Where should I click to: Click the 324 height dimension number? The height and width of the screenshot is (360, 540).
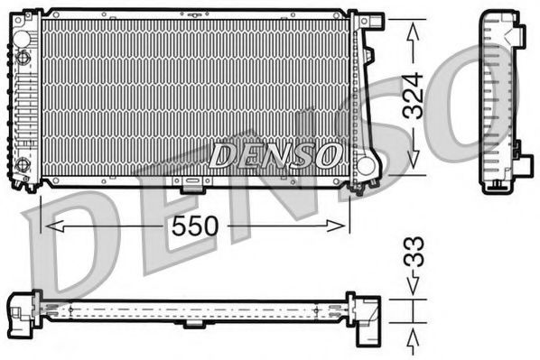click(414, 96)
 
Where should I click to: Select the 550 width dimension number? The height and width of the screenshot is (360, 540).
click(195, 226)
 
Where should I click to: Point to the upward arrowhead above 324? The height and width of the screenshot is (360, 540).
click(414, 30)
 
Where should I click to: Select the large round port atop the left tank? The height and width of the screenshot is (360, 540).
click(23, 36)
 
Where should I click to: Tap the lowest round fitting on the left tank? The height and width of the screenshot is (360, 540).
click(22, 164)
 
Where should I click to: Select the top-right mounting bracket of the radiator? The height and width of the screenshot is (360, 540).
click(369, 24)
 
